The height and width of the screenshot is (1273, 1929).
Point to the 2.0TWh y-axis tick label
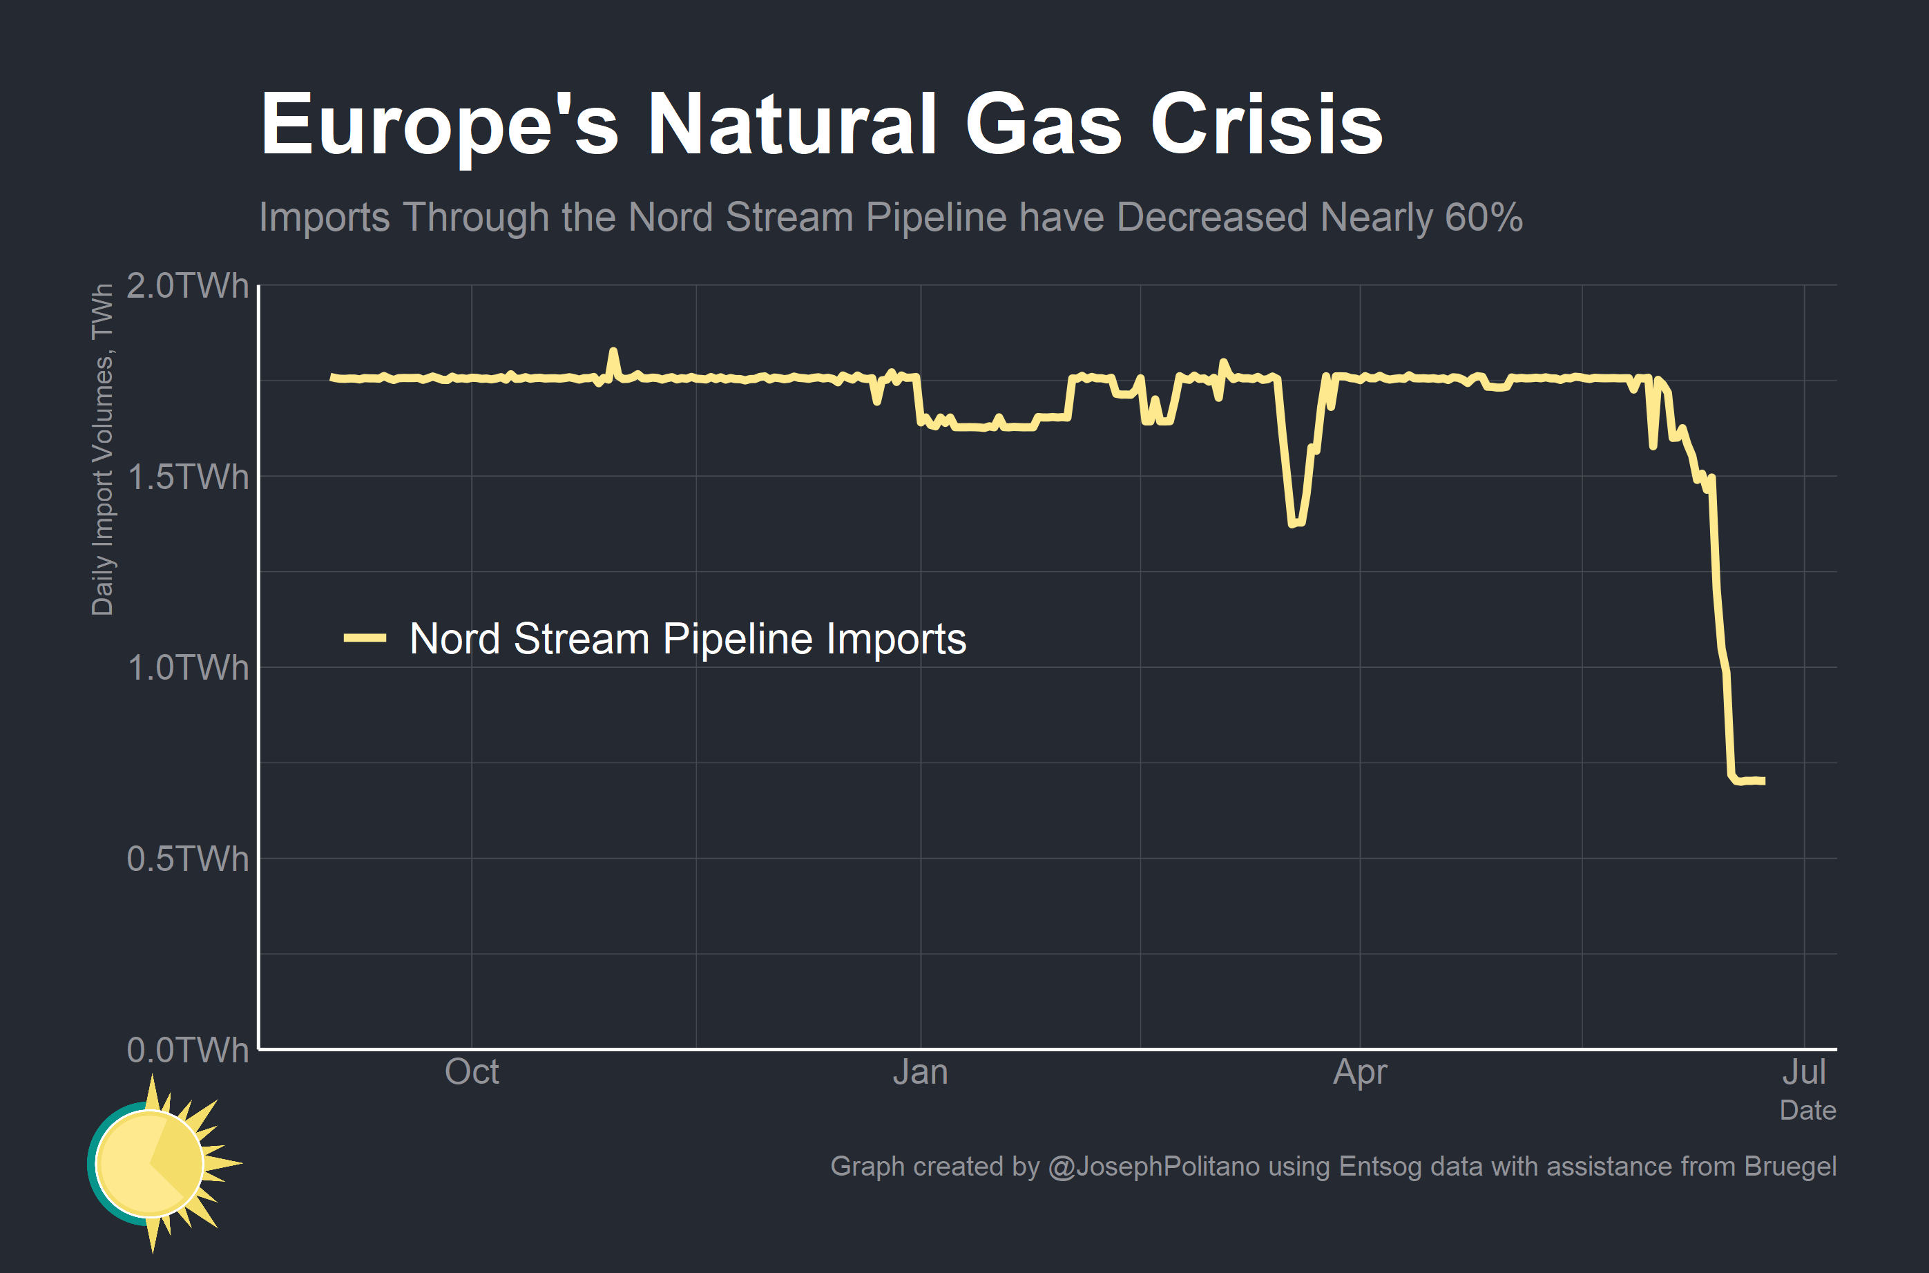(x=187, y=287)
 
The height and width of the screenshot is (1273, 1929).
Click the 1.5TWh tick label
(x=187, y=477)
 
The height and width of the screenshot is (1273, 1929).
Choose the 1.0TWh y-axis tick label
(x=187, y=668)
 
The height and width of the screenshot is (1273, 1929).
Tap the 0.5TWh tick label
(x=187, y=859)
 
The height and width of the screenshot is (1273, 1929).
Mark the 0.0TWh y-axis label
(x=187, y=1050)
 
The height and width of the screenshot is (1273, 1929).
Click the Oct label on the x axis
(x=472, y=1073)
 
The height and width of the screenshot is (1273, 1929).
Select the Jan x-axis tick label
(x=920, y=1073)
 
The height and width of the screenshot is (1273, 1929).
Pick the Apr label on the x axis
(x=1360, y=1073)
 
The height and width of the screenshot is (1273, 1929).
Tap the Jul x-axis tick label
(x=1804, y=1073)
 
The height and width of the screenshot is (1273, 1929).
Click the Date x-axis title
(x=1807, y=1111)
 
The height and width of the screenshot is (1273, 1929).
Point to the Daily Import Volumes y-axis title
(x=102, y=450)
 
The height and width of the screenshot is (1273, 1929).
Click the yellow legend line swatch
(x=365, y=638)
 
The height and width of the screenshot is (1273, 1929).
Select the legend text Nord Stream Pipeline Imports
(x=687, y=638)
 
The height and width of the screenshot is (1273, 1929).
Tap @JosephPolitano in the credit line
(x=1153, y=1167)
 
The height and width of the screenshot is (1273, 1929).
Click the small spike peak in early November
(x=613, y=351)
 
